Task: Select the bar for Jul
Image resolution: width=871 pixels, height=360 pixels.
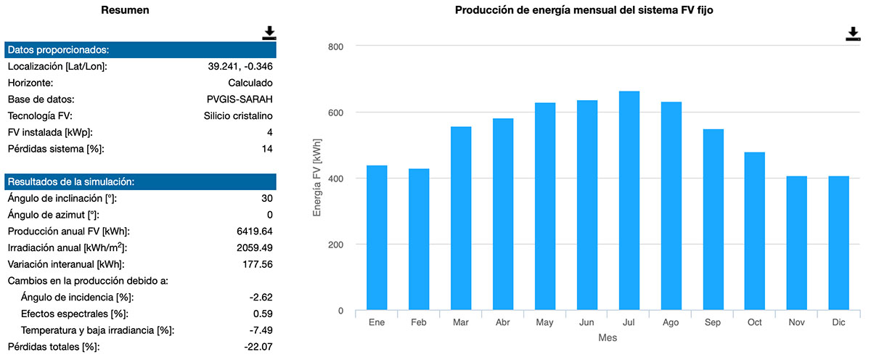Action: click(x=629, y=201)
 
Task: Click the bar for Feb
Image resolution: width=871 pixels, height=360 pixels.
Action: click(x=419, y=240)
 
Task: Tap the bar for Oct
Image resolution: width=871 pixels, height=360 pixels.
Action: click(x=754, y=232)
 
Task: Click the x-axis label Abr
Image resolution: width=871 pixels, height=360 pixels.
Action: click(x=503, y=322)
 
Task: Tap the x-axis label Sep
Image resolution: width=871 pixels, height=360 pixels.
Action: click(x=713, y=322)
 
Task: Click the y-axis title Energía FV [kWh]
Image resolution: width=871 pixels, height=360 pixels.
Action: click(x=316, y=179)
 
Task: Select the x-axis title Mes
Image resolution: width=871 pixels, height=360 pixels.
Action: click(x=608, y=338)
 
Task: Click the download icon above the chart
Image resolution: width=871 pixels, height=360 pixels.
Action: click(x=853, y=34)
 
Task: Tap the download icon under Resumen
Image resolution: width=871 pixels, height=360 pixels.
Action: click(x=269, y=33)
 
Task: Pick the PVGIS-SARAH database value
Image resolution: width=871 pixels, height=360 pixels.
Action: click(x=240, y=99)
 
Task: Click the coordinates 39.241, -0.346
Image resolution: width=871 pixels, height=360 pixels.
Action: click(x=240, y=67)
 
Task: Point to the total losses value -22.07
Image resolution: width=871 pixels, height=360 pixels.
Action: click(x=257, y=347)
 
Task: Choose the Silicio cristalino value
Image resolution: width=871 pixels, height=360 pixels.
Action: click(x=238, y=116)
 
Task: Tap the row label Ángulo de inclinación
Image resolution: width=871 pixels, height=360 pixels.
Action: click(x=62, y=199)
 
